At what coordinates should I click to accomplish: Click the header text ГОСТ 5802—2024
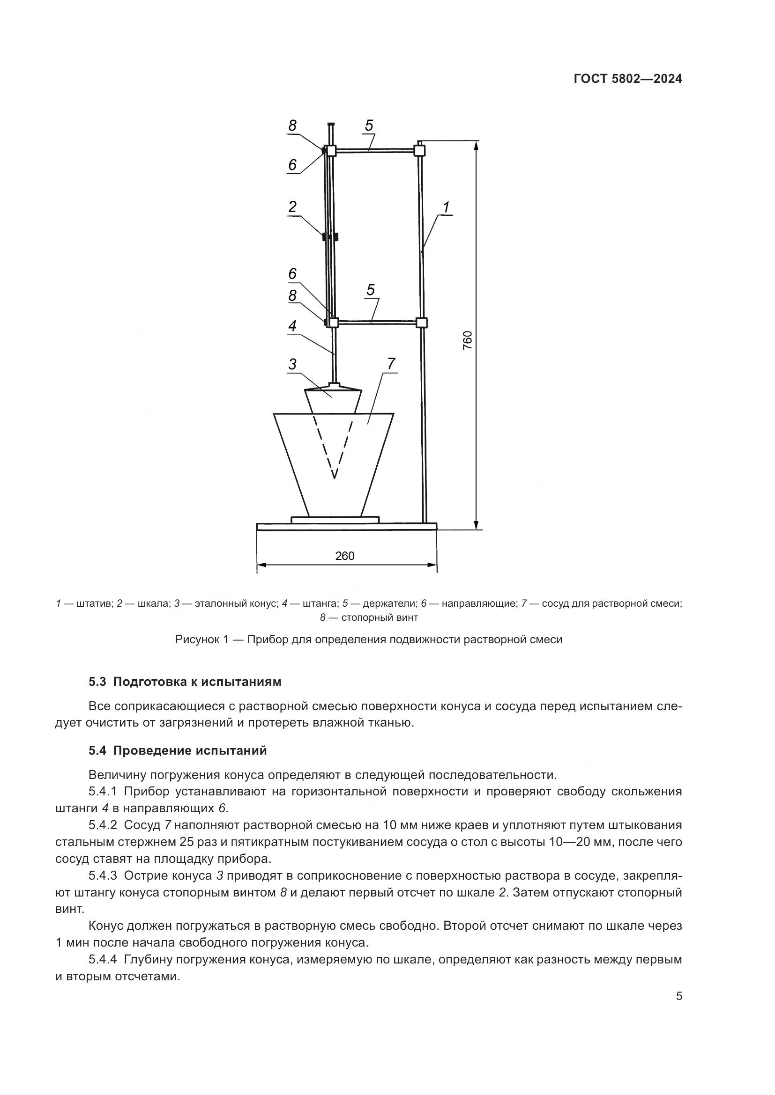point(627,79)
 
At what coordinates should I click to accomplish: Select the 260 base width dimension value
point(344,556)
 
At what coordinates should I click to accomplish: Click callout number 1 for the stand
point(446,207)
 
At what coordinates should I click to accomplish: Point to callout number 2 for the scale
point(292,207)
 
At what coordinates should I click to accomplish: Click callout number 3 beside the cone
point(292,364)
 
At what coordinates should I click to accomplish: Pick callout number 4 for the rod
point(292,326)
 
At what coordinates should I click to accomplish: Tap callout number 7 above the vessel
point(391,364)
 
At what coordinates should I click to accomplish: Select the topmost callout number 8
point(292,125)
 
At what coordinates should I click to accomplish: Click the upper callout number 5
point(369,125)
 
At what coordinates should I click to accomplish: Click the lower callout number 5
point(370,290)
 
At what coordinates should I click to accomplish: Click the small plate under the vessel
point(335,519)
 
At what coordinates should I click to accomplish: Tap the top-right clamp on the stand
point(419,151)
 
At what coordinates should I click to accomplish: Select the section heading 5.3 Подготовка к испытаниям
point(185,682)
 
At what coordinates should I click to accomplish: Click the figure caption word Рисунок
point(195,639)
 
